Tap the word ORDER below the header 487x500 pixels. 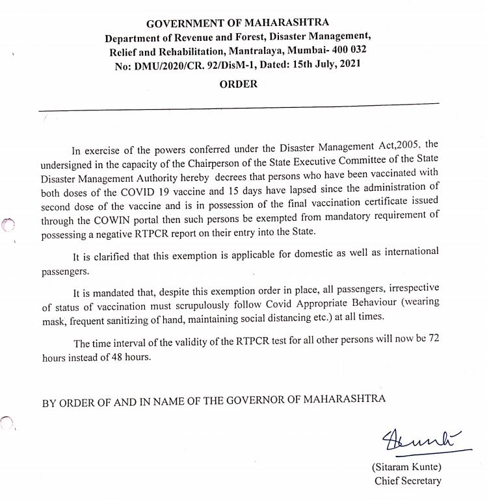pyautogui.click(x=238, y=84)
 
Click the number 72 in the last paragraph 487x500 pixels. pyautogui.click(x=432, y=343)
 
